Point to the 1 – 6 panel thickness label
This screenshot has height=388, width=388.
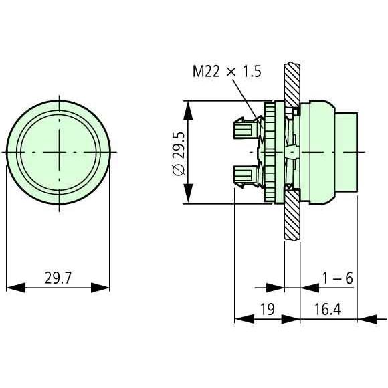336,278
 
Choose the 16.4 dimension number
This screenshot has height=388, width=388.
328,310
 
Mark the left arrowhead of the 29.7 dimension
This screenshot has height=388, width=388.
14,288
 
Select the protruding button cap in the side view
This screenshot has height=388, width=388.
345,152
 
